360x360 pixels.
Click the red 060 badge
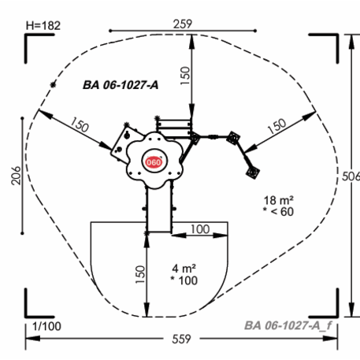(x=154, y=162)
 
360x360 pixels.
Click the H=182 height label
(x=43, y=26)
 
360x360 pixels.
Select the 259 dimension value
(x=183, y=24)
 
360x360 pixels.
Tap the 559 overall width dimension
(x=181, y=339)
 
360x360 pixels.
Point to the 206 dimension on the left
(x=16, y=176)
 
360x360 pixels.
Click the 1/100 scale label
(x=46, y=326)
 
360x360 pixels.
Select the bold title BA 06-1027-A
(x=121, y=85)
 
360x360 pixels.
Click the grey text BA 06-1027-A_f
(x=288, y=325)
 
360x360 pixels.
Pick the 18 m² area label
(x=279, y=200)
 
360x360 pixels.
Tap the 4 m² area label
(x=184, y=269)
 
